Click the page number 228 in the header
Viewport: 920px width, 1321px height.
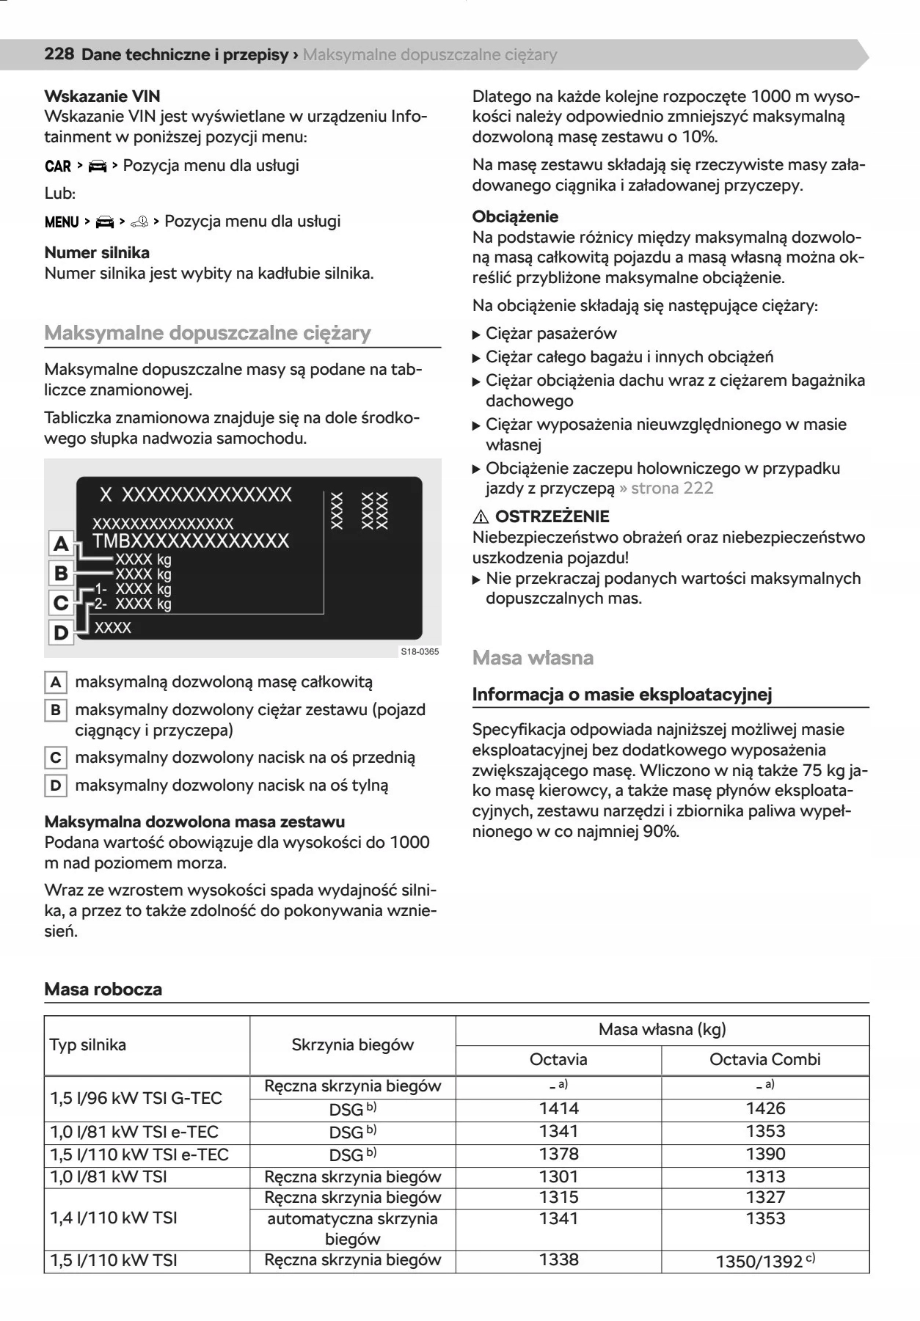tap(59, 54)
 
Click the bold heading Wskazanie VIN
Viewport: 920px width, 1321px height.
tap(102, 96)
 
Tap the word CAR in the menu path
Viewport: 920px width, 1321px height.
tap(58, 166)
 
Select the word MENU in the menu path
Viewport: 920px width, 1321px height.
tap(62, 222)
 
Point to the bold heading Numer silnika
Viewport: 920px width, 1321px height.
tap(97, 252)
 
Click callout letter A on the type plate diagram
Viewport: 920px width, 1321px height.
tap(61, 544)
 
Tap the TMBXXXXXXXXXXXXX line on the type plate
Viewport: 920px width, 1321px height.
tap(191, 541)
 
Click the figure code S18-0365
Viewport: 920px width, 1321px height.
tap(420, 651)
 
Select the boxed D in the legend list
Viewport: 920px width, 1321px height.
tap(56, 786)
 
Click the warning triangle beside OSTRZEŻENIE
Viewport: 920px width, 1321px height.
tap(481, 516)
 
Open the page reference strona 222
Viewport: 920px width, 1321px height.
tap(671, 488)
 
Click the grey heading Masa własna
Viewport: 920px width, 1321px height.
tap(533, 657)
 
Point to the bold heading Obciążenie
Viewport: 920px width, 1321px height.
tap(515, 216)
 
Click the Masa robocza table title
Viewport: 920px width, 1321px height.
tap(103, 989)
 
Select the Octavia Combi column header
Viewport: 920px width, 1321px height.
tap(764, 1059)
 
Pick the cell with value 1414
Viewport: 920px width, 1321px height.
tap(558, 1108)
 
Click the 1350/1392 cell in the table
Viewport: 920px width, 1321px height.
tap(764, 1261)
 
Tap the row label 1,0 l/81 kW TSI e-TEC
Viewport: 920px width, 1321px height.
tap(134, 1132)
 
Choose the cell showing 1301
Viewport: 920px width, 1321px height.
tap(558, 1177)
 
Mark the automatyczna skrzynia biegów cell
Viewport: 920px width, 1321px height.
tap(352, 1229)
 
